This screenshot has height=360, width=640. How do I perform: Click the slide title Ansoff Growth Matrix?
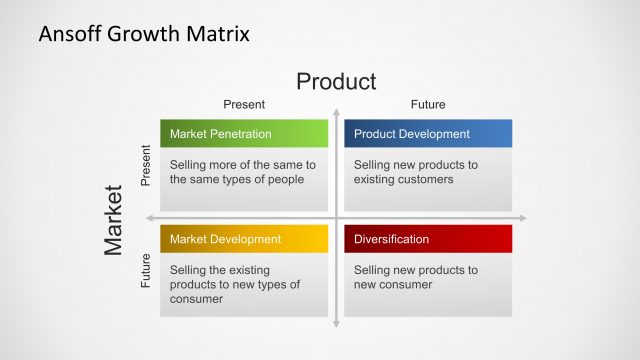tap(144, 34)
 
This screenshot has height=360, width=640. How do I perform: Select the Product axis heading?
tap(336, 81)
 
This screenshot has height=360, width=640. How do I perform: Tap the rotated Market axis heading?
tap(114, 219)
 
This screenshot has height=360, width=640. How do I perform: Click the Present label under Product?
tap(243, 104)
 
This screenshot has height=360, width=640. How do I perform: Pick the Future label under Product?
tap(428, 104)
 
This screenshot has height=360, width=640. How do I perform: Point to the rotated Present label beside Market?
tap(145, 165)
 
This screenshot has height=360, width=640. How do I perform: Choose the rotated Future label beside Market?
tap(145, 271)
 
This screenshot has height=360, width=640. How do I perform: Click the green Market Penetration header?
tap(244, 134)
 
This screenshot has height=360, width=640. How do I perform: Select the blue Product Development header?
tap(428, 134)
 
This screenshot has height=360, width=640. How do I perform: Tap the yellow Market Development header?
tap(244, 239)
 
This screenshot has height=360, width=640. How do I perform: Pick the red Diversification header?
tap(428, 239)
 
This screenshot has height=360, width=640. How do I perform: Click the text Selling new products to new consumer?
tap(416, 277)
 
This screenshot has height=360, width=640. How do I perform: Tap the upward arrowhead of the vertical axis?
tap(337, 112)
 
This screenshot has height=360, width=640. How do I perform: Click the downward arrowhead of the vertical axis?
tap(337, 322)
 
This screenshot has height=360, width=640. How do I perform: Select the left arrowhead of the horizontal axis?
tap(150, 218)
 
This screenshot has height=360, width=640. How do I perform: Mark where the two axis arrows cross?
tap(337, 218)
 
